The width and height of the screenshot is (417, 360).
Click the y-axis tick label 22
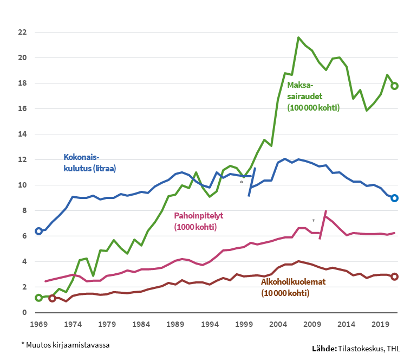22,32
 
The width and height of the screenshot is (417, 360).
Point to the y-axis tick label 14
22,134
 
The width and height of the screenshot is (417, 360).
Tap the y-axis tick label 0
24,312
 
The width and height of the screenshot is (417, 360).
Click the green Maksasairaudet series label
312,96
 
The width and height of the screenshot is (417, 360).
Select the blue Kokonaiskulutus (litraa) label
90,163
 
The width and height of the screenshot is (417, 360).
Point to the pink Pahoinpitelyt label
198,221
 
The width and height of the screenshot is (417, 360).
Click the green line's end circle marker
395,86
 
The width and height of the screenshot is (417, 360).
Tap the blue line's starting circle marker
38,231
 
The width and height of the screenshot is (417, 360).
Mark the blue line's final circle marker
395,198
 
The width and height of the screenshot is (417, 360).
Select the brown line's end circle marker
395,277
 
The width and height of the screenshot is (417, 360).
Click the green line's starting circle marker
38,298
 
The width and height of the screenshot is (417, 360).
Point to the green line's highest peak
298,37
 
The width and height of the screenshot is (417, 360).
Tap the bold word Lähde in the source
323,348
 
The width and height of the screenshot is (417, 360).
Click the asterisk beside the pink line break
314,221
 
